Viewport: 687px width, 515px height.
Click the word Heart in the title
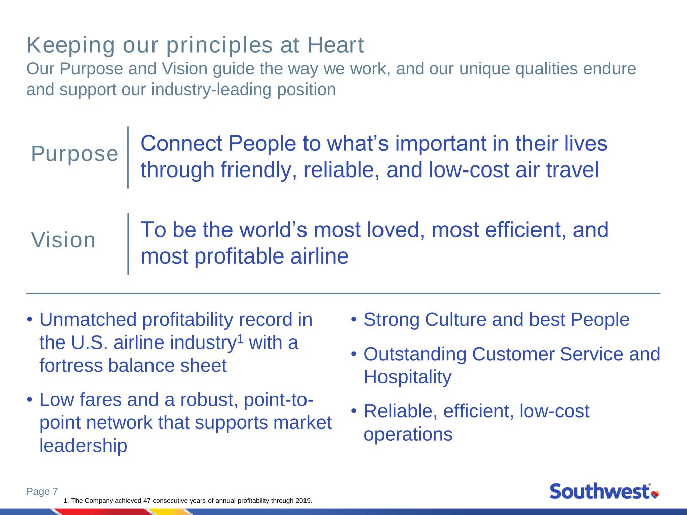[336, 45]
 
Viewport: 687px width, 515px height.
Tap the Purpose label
[74, 154]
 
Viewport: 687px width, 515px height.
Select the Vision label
[63, 240]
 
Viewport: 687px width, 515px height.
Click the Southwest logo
[604, 491]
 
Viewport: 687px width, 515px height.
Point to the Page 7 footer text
[42, 491]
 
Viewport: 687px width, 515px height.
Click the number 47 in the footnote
[147, 500]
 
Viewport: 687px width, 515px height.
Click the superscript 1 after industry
[240, 338]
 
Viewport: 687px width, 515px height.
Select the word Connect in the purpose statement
[182, 144]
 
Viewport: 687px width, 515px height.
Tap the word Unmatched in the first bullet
[88, 320]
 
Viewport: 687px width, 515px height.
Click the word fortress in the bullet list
[71, 366]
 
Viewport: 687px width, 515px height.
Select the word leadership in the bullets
[83, 446]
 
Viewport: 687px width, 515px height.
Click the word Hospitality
[408, 377]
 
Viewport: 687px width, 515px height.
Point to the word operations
[408, 435]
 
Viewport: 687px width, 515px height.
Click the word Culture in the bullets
[455, 320]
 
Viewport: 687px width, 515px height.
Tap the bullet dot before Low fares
[30, 400]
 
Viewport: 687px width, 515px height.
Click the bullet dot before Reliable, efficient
[354, 411]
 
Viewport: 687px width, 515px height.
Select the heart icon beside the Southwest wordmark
[655, 495]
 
